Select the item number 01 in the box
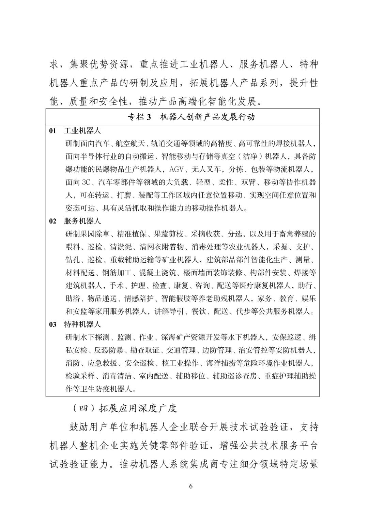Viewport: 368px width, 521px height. click(x=52, y=131)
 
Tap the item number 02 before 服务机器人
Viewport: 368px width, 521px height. click(x=52, y=221)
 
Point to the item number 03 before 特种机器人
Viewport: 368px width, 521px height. click(x=52, y=324)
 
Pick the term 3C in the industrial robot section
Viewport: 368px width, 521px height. click(x=86, y=182)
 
